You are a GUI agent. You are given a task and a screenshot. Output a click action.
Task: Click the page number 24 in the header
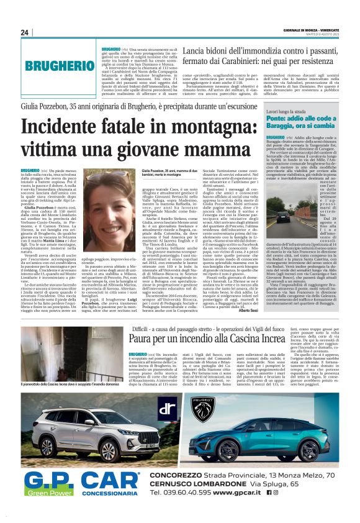pos(25,32)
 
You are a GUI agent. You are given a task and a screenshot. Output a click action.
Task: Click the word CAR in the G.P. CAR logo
pos(112,483)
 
